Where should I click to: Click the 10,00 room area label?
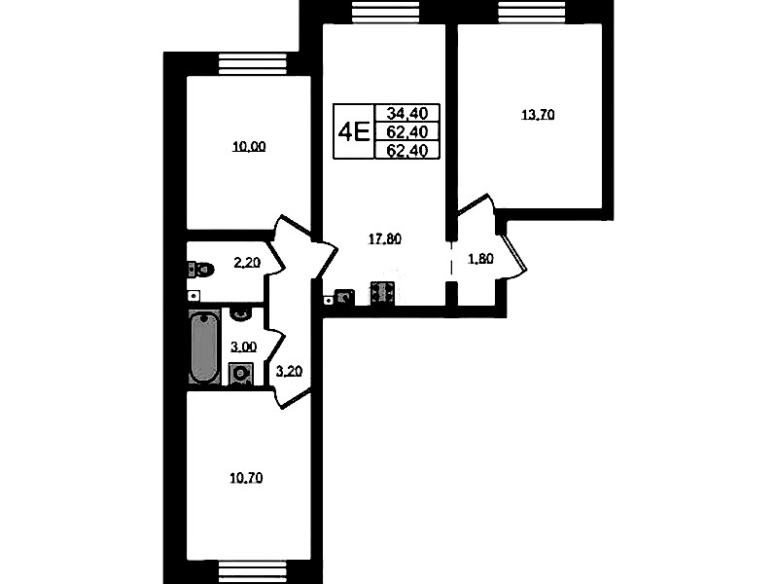(x=249, y=146)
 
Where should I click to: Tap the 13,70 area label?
(x=538, y=115)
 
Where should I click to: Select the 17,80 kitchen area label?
(x=384, y=239)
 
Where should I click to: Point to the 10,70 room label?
(x=246, y=478)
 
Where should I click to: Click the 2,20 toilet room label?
(x=247, y=262)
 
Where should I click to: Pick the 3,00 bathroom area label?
(x=243, y=347)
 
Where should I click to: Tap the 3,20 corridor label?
(x=289, y=371)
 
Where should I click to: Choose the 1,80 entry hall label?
(x=480, y=259)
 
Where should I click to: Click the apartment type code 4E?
(x=354, y=132)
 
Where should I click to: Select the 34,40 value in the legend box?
(x=407, y=113)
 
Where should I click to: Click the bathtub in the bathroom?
(x=203, y=347)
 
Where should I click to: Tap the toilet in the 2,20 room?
(x=200, y=270)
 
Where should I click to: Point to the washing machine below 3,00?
(x=241, y=374)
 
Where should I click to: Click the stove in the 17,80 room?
(x=382, y=293)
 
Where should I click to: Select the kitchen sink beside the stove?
(x=344, y=296)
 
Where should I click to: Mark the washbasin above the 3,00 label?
(x=241, y=314)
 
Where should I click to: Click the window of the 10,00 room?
(x=253, y=64)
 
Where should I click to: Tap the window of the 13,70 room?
(x=533, y=12)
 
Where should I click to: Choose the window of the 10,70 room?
(x=253, y=572)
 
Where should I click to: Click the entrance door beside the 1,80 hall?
(x=513, y=253)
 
